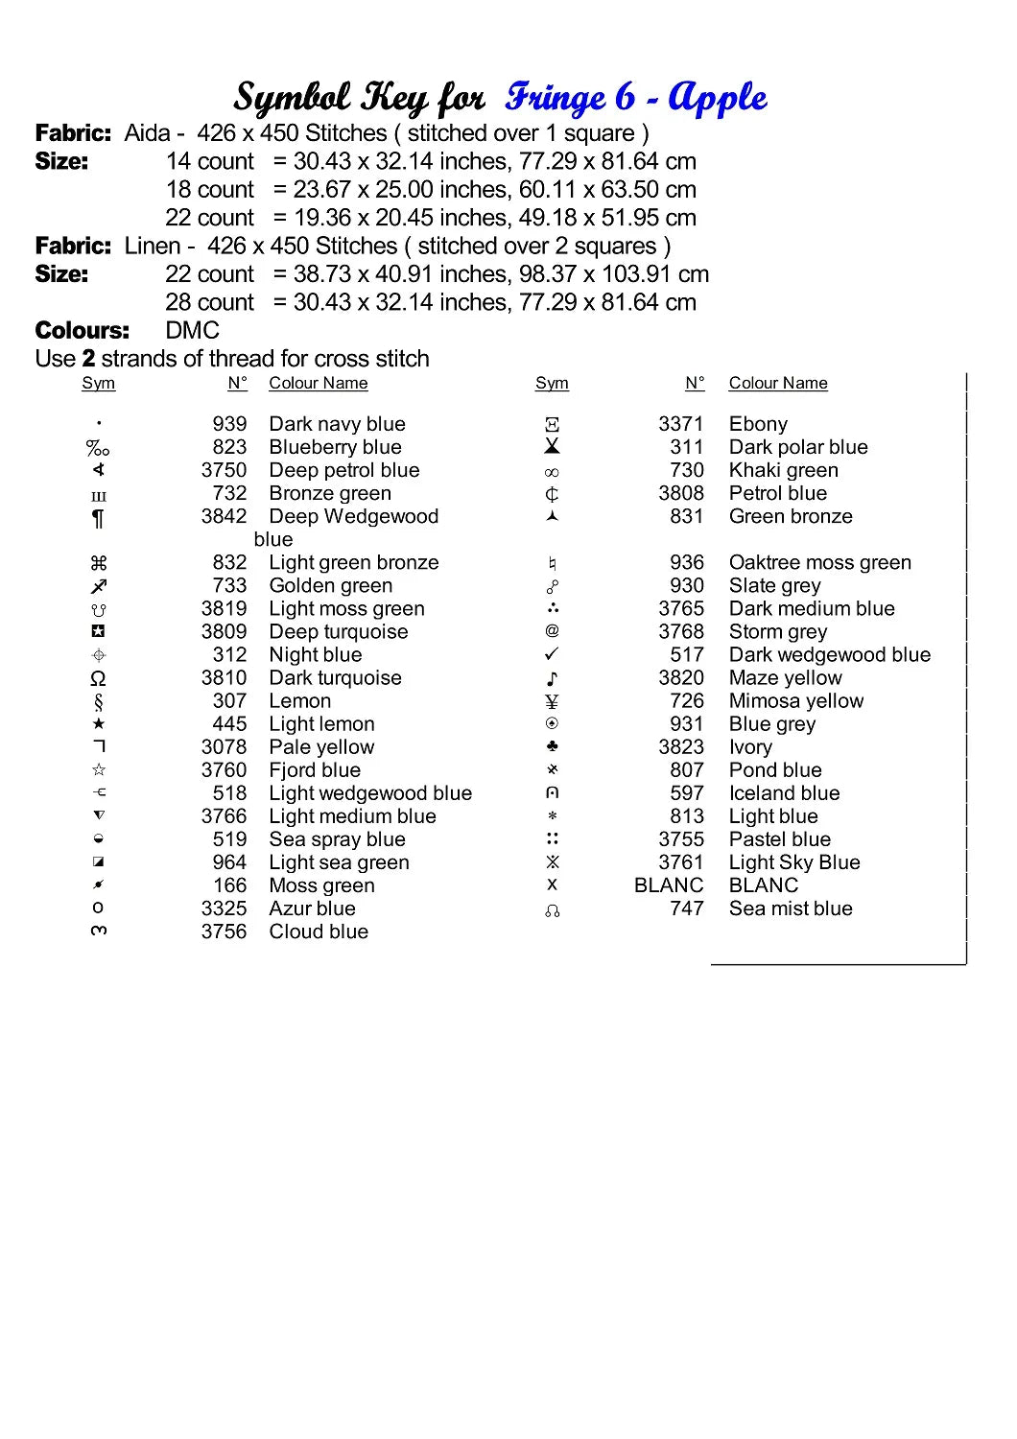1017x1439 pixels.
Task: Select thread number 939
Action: coord(229,424)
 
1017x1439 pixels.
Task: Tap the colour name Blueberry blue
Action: coord(335,447)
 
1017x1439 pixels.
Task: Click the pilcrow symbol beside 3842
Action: coord(98,518)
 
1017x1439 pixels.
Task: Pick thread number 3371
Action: coord(680,424)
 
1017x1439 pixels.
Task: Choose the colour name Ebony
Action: coord(758,424)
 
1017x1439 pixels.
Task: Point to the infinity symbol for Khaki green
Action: coord(552,472)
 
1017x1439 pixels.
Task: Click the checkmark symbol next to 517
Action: coord(552,654)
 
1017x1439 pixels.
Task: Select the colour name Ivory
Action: coord(750,747)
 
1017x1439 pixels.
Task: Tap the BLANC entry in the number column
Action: coord(669,885)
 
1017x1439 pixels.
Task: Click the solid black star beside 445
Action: coord(98,724)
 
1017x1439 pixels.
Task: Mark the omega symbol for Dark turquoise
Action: coord(98,679)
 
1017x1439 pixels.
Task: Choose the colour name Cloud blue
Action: coord(319,932)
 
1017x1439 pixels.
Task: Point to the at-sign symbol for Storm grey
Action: coord(552,631)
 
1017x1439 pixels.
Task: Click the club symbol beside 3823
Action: coord(552,746)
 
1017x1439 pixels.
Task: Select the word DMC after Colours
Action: coord(193,331)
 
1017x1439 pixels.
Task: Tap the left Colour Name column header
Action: coord(318,384)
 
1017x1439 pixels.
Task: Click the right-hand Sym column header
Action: coord(552,384)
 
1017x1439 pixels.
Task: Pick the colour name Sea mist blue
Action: coord(791,908)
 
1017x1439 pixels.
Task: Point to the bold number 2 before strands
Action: coord(88,359)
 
